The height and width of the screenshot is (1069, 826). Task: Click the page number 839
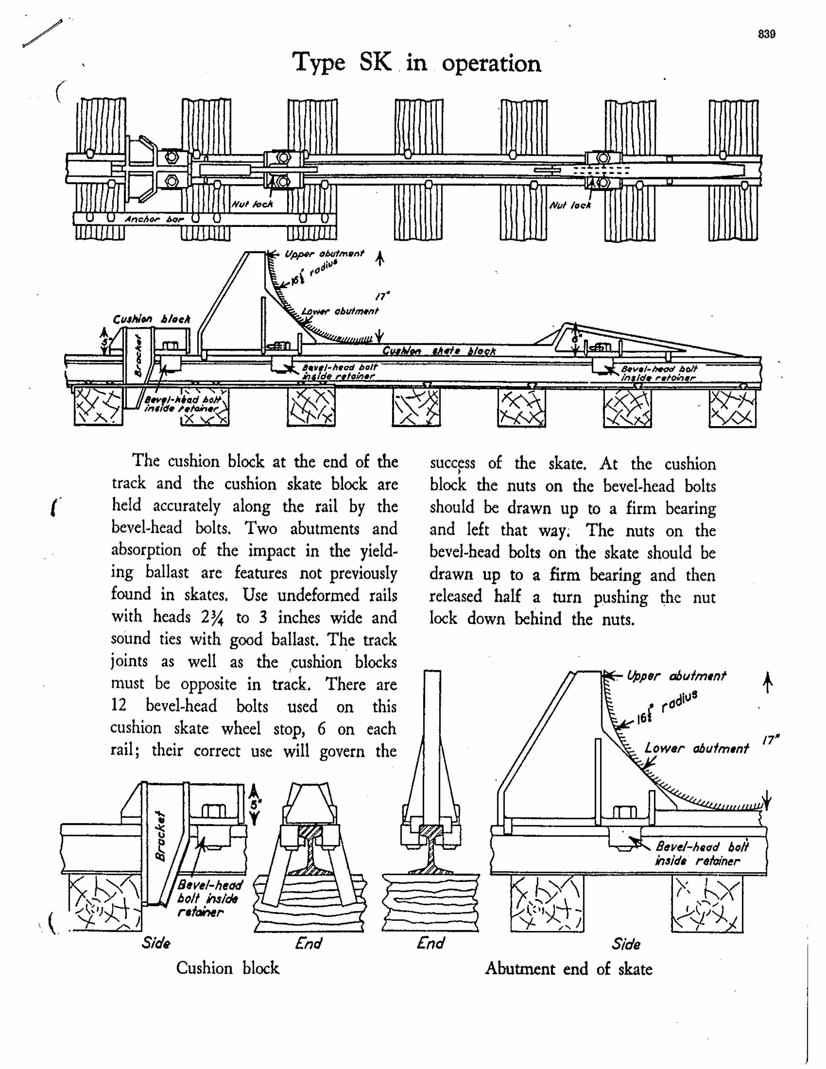767,34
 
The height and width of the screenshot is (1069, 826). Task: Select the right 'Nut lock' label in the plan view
570,205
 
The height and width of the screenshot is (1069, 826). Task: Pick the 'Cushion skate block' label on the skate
439,351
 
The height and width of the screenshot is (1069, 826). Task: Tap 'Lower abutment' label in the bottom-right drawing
696,748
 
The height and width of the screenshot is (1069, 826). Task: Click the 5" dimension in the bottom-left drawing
254,805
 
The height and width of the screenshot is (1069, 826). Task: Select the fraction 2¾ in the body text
212,617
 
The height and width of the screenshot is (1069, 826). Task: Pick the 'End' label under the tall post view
430,943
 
